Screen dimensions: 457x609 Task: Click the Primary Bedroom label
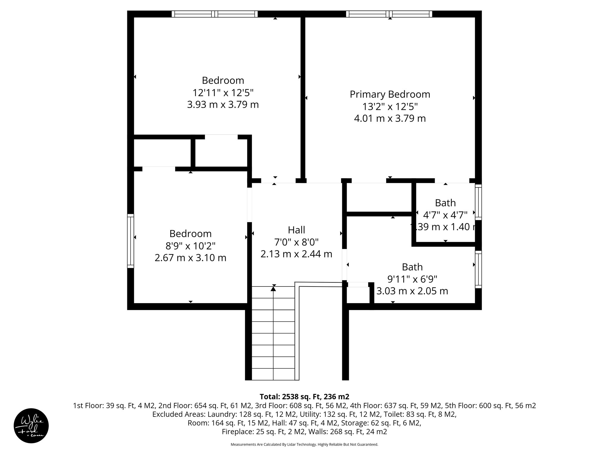coord(390,94)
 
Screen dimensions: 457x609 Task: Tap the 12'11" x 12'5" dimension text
coord(223,93)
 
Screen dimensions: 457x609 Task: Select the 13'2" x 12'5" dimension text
coord(390,107)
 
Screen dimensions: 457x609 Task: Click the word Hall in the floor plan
coord(296,230)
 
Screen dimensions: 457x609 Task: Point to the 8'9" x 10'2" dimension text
coord(190,246)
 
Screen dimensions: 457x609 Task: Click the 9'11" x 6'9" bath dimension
coord(412,279)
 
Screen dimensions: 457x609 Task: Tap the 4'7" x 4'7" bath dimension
coord(445,215)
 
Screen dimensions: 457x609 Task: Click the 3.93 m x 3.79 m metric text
coord(223,105)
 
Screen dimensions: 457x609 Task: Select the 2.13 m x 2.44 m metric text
coord(296,254)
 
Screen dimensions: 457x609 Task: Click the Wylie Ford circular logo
coord(31,426)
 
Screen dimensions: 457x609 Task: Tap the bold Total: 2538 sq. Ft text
coord(304,397)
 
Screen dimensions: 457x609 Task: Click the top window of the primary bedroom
coord(389,14)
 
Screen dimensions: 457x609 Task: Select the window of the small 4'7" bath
coord(478,202)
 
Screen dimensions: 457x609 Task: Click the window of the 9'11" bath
coord(478,270)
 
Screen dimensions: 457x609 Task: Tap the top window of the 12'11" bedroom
coord(215,14)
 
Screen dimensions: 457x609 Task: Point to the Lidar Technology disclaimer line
coord(304,445)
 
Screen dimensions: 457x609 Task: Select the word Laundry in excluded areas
coord(219,414)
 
